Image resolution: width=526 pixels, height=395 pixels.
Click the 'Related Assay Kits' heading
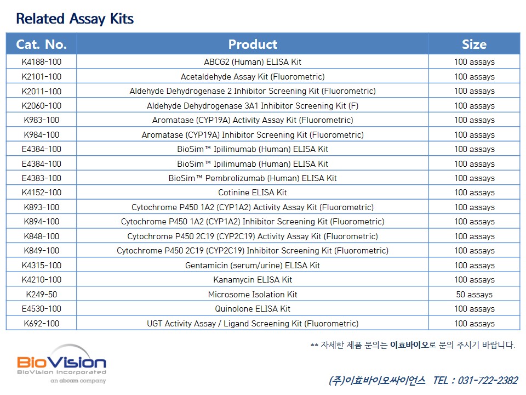coord(75,19)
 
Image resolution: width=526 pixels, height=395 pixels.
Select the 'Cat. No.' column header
coord(41,44)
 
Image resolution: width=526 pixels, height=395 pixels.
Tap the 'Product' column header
coord(253,44)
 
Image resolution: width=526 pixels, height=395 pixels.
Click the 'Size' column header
coord(474,44)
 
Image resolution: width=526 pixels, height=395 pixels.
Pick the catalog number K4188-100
coord(42,62)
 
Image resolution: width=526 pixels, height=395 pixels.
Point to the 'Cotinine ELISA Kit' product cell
coord(253,193)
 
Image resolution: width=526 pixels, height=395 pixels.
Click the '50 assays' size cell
coord(474,295)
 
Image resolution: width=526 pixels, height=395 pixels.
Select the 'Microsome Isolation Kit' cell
coord(253,295)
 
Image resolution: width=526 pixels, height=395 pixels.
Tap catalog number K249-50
coord(42,295)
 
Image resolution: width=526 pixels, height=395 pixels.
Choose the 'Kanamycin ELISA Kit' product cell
coord(253,280)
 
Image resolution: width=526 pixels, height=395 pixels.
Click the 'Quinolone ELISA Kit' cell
coord(253,309)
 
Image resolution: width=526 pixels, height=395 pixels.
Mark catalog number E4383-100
coord(42,178)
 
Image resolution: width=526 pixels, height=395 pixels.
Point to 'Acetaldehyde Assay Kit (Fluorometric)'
coord(253,77)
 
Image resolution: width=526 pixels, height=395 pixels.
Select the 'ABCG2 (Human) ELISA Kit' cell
coord(253,62)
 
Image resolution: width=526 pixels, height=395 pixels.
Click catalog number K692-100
coord(42,324)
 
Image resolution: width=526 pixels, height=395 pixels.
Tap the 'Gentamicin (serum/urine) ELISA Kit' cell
coord(253,266)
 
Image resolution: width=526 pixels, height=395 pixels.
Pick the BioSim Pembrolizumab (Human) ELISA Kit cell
coord(253,178)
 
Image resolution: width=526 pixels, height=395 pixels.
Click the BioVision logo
coord(62,364)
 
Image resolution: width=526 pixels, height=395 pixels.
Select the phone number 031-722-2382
coord(488,380)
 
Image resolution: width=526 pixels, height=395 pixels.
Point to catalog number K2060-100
coord(42,106)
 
